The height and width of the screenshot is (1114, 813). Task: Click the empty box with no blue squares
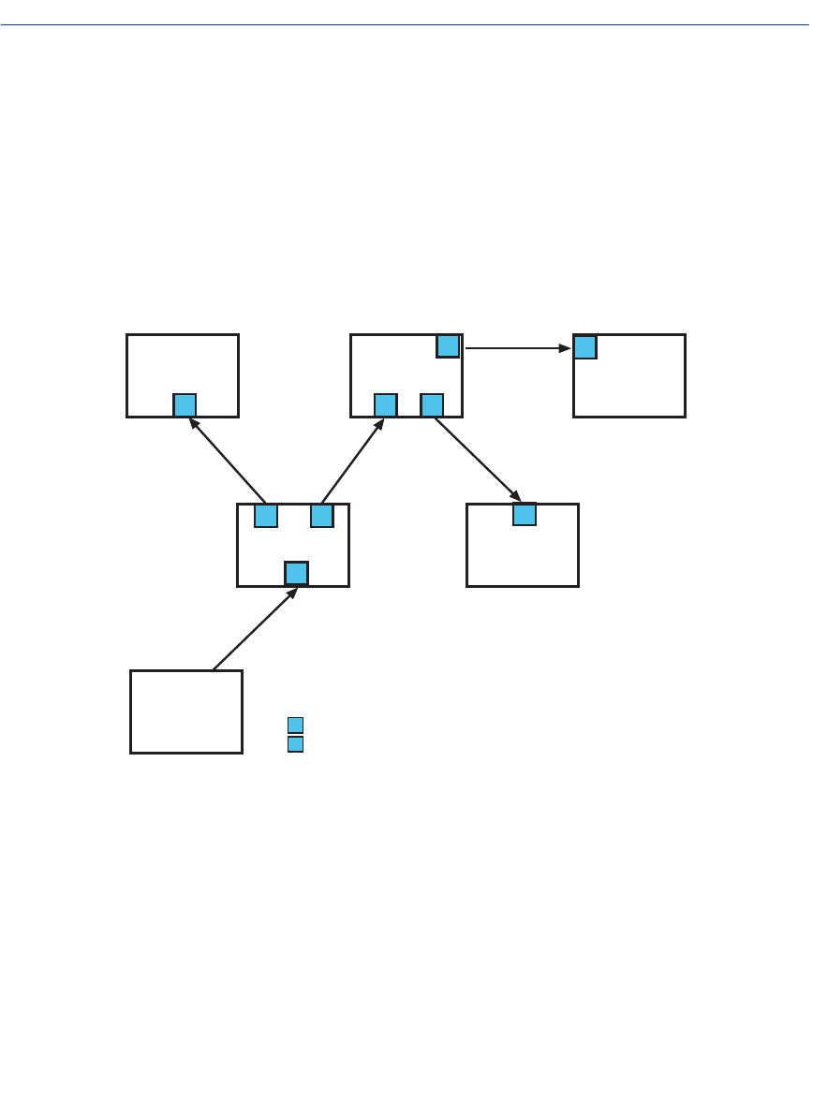[x=185, y=711]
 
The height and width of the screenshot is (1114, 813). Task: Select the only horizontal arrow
[x=517, y=348]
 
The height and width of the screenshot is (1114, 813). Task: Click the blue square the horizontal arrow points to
[x=585, y=347]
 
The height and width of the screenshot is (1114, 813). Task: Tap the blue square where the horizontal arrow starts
[x=448, y=345]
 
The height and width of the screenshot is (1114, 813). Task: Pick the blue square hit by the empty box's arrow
[x=296, y=573]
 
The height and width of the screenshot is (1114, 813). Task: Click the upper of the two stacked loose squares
[x=295, y=725]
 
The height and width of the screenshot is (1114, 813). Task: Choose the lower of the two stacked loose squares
[x=295, y=744]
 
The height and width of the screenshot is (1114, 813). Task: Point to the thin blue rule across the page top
[x=406, y=25]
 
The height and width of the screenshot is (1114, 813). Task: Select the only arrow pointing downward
[x=477, y=458]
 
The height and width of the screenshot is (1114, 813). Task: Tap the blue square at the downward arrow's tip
[x=525, y=514]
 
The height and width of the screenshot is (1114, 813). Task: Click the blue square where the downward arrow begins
[x=432, y=405]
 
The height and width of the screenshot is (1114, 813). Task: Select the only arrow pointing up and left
[x=228, y=460]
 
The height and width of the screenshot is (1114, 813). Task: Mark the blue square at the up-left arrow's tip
[x=185, y=405]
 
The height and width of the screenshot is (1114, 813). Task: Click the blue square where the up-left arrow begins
[x=266, y=516]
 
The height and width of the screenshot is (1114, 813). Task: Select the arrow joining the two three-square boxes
[x=352, y=461]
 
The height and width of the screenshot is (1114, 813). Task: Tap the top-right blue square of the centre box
[x=322, y=516]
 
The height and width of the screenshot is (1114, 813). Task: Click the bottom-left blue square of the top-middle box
[x=386, y=405]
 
